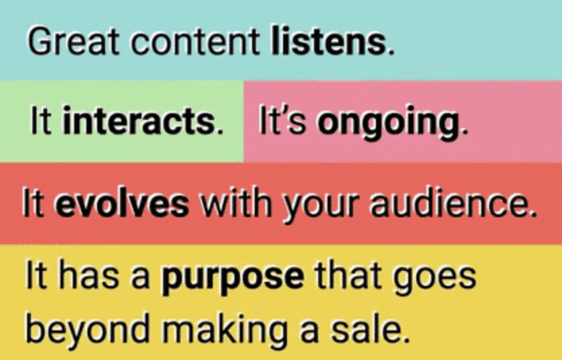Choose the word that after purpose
click(348, 278)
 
